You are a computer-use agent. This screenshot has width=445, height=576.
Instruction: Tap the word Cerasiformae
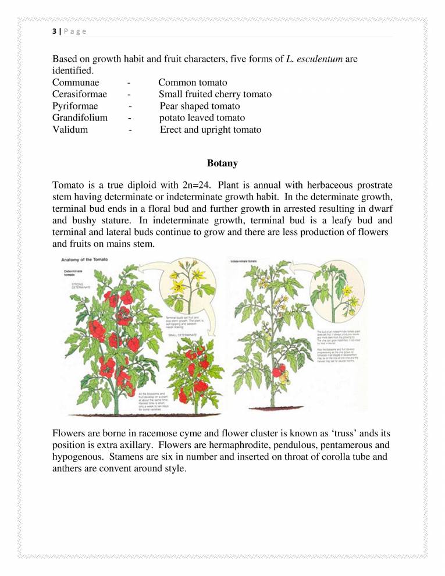click(79, 94)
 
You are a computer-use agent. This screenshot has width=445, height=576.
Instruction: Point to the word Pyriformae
click(75, 106)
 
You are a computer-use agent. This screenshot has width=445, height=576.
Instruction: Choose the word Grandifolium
click(80, 118)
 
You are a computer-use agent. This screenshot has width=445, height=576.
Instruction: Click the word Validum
click(70, 130)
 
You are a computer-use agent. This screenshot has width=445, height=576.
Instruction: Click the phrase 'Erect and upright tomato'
click(211, 130)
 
